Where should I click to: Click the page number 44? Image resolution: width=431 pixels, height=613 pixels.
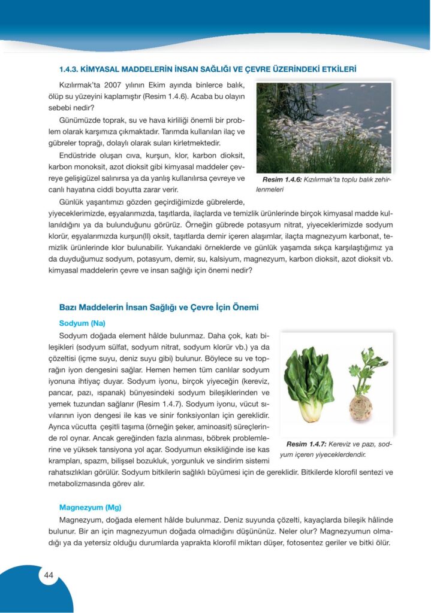click(x=49, y=576)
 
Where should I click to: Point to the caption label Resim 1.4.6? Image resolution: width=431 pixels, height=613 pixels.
click(x=281, y=180)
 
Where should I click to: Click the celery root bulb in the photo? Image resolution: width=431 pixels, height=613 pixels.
click(x=361, y=407)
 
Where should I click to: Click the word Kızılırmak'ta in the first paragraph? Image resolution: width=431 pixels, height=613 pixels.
click(x=79, y=85)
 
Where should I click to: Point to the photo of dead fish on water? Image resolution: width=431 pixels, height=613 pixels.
click(x=324, y=128)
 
